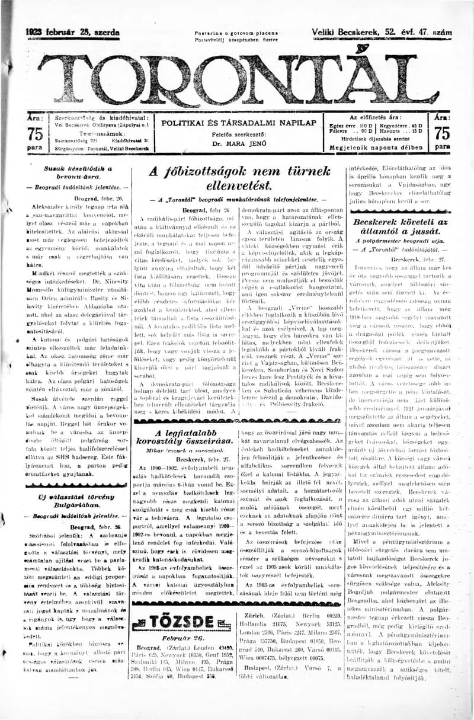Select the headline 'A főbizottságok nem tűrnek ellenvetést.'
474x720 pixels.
[x=239, y=178]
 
